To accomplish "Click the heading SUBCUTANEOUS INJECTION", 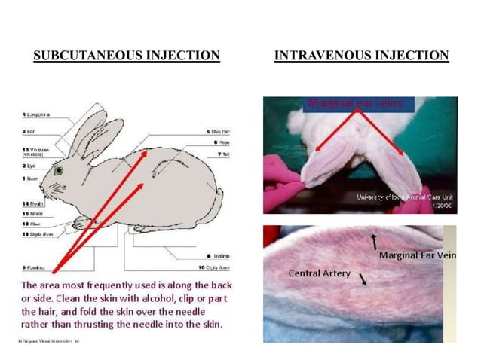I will (x=127, y=56).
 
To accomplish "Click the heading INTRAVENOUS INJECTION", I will (x=361, y=56).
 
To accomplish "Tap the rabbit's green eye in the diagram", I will (x=58, y=170).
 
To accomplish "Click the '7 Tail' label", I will (x=224, y=154).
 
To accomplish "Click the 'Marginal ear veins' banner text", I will (x=348, y=102).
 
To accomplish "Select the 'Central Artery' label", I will (x=319, y=273).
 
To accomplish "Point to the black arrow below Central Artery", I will (x=364, y=279).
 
